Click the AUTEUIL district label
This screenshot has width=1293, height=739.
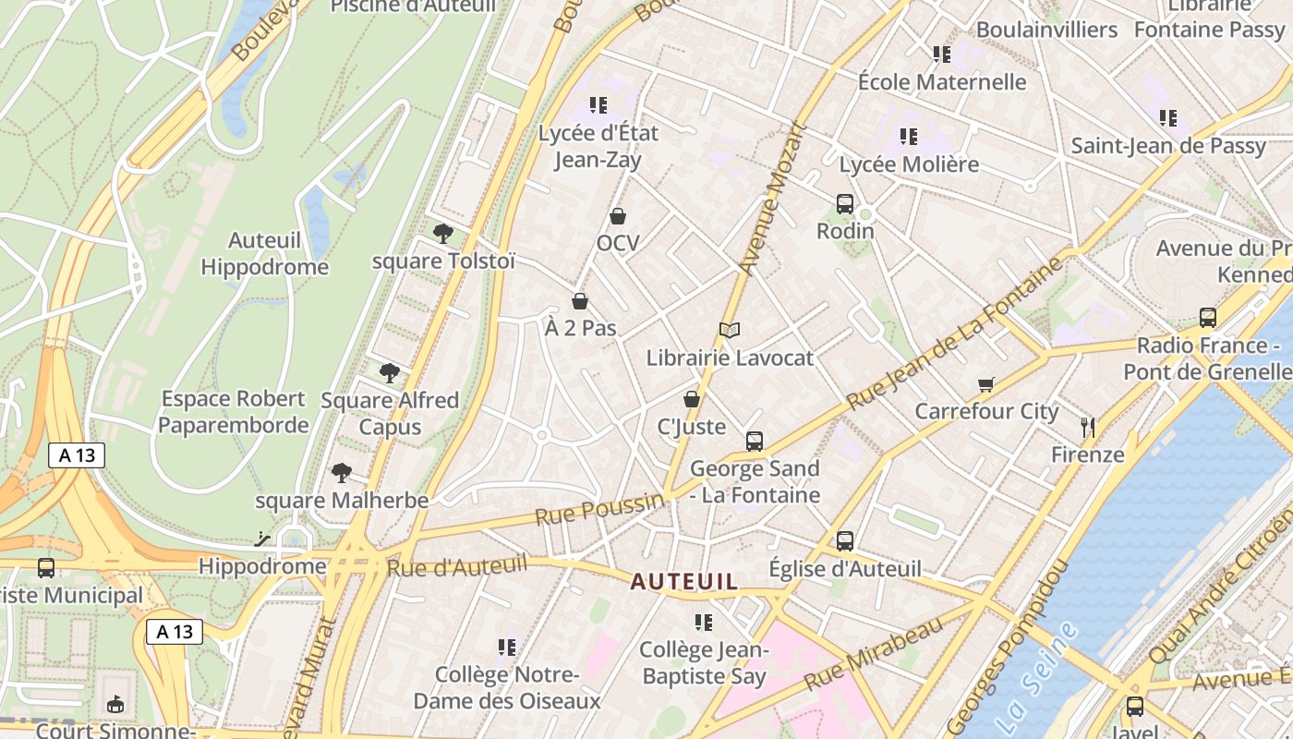tap(684, 582)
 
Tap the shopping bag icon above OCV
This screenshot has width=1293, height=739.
tap(618, 216)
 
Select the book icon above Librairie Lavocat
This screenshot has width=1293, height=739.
tap(730, 330)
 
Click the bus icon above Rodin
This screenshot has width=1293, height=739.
tap(844, 204)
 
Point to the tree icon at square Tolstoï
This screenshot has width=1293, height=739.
tap(443, 233)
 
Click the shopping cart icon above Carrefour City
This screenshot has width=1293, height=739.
tap(986, 384)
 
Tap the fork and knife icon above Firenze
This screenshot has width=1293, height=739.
tap(1088, 427)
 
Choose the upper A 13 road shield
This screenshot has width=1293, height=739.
tap(77, 454)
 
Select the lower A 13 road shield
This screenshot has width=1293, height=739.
tap(175, 632)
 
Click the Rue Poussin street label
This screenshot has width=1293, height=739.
tap(598, 509)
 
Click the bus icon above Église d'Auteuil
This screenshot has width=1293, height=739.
tap(845, 541)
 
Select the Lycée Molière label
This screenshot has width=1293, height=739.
tap(909, 164)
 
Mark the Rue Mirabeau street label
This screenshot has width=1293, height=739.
tap(873, 652)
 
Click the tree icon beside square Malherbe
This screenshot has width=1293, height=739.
tap(342, 473)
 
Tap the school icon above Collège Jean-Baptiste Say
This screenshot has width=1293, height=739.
tap(704, 623)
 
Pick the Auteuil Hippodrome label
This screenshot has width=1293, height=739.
tap(265, 254)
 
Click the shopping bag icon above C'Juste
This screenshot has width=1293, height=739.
tap(691, 399)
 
